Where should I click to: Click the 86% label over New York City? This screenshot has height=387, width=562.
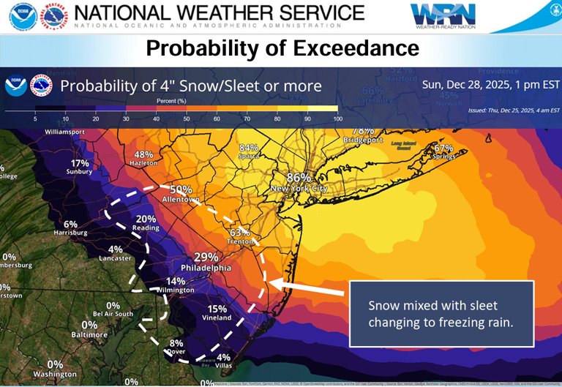[299, 178]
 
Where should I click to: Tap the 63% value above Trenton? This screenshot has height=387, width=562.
[241, 233]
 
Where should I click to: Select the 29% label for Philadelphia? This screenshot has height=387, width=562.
[206, 257]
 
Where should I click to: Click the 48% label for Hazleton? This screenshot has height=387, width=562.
[143, 154]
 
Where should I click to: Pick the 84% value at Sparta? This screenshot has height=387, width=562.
[249, 148]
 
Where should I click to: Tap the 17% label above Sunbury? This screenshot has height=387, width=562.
[80, 163]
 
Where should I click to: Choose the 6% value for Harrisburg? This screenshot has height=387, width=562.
[70, 224]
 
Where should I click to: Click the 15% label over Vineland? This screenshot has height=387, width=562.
[217, 308]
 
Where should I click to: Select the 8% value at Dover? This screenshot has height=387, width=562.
[176, 343]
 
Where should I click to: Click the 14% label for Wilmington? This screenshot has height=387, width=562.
[176, 281]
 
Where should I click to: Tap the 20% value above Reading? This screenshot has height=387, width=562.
[146, 219]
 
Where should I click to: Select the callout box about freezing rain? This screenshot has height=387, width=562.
[441, 312]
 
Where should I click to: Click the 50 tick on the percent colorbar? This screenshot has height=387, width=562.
[186, 119]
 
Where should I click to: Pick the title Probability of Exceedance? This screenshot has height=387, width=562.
[282, 48]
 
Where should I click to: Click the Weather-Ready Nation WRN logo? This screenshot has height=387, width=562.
[443, 15]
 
